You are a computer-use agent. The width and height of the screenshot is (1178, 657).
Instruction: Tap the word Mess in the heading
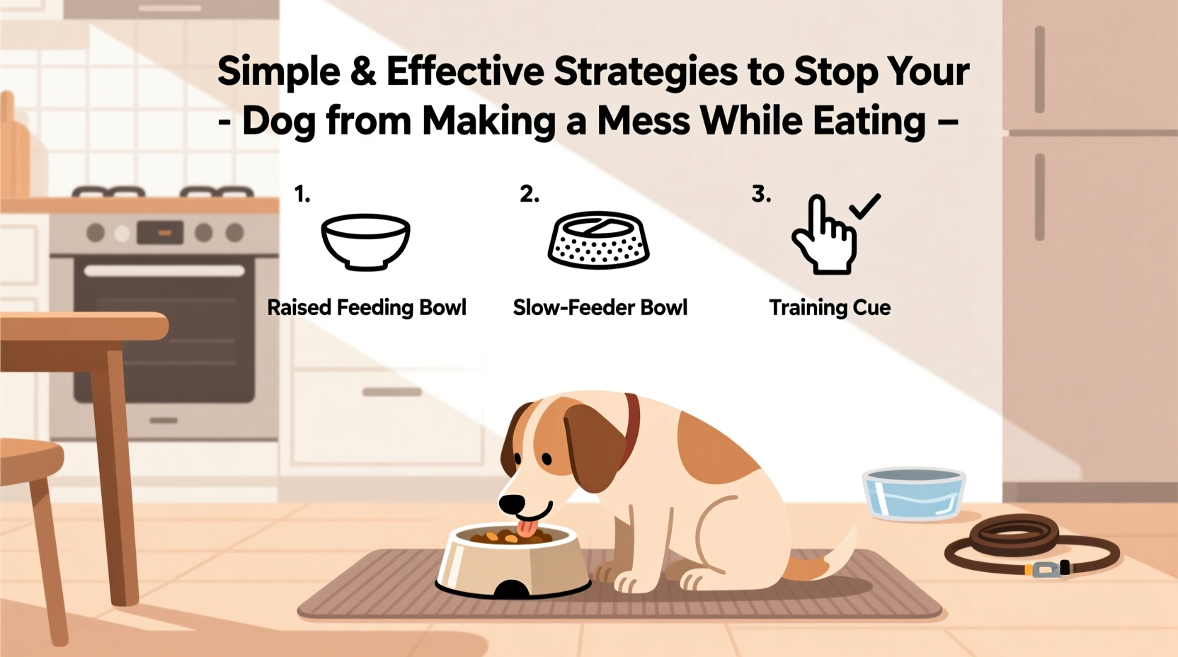643,121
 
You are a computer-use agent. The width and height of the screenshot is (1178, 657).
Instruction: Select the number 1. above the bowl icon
302,194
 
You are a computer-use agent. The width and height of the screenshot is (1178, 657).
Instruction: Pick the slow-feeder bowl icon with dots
598,243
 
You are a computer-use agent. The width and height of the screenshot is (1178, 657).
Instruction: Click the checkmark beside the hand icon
864,206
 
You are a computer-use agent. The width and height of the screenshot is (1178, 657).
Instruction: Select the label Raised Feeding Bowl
367,308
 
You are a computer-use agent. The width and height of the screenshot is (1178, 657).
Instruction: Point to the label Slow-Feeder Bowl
600,308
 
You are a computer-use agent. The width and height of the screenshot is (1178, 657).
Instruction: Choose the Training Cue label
830,308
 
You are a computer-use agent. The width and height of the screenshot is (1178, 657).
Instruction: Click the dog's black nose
512,504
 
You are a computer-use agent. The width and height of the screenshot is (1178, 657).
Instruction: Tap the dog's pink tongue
526,528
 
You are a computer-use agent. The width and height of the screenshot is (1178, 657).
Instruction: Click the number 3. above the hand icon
761,194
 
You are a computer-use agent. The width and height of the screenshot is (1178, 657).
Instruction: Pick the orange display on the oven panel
164,232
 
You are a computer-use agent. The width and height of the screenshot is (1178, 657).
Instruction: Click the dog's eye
547,459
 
